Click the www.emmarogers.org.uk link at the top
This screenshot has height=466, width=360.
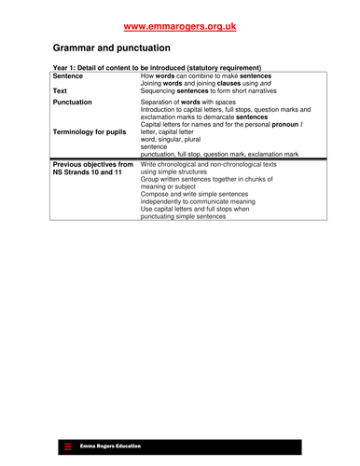tap(179, 27)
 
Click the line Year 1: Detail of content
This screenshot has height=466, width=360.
tap(156, 67)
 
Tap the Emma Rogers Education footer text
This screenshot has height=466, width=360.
tap(110, 446)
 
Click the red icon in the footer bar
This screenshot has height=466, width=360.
tap(67, 447)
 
